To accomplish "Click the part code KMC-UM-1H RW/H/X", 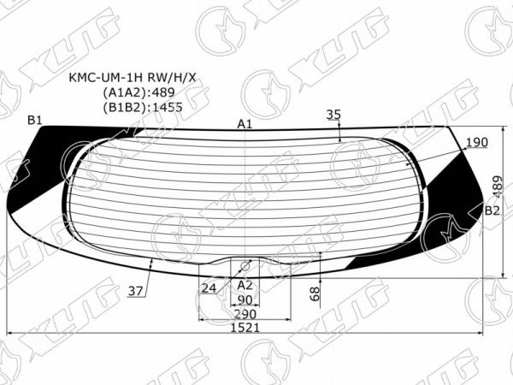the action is [x=133, y=78].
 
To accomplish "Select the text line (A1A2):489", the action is [x=139, y=92].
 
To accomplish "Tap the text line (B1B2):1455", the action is [x=142, y=107].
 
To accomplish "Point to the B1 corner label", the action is [x=35, y=121].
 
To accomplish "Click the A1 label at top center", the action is [x=245, y=124].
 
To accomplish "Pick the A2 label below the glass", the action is [x=245, y=286].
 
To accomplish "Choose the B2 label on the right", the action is [x=492, y=210].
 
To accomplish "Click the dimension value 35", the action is [x=333, y=115].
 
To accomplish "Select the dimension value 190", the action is [x=477, y=142].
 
